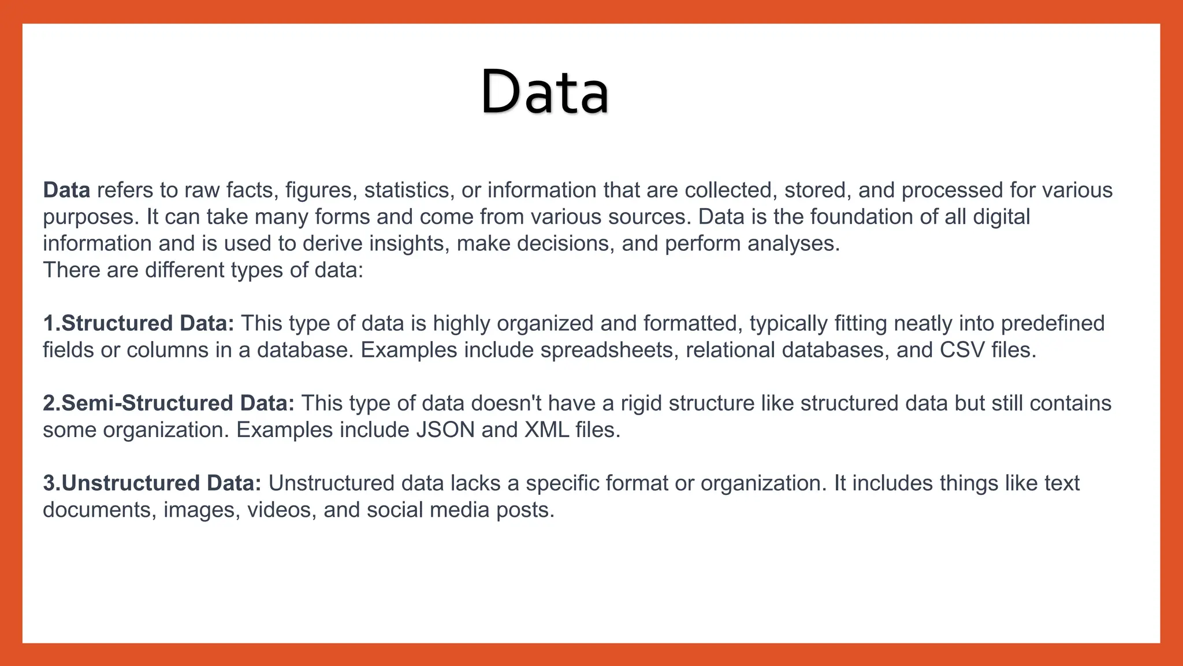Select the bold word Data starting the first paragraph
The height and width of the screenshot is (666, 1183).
click(66, 190)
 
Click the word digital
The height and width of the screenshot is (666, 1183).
click(1002, 217)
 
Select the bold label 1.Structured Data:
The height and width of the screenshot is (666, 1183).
click(139, 323)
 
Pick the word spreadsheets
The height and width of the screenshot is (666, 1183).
click(609, 350)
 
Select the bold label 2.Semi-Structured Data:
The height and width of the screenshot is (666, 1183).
click(169, 403)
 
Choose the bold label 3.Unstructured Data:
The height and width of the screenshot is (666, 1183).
click(152, 483)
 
